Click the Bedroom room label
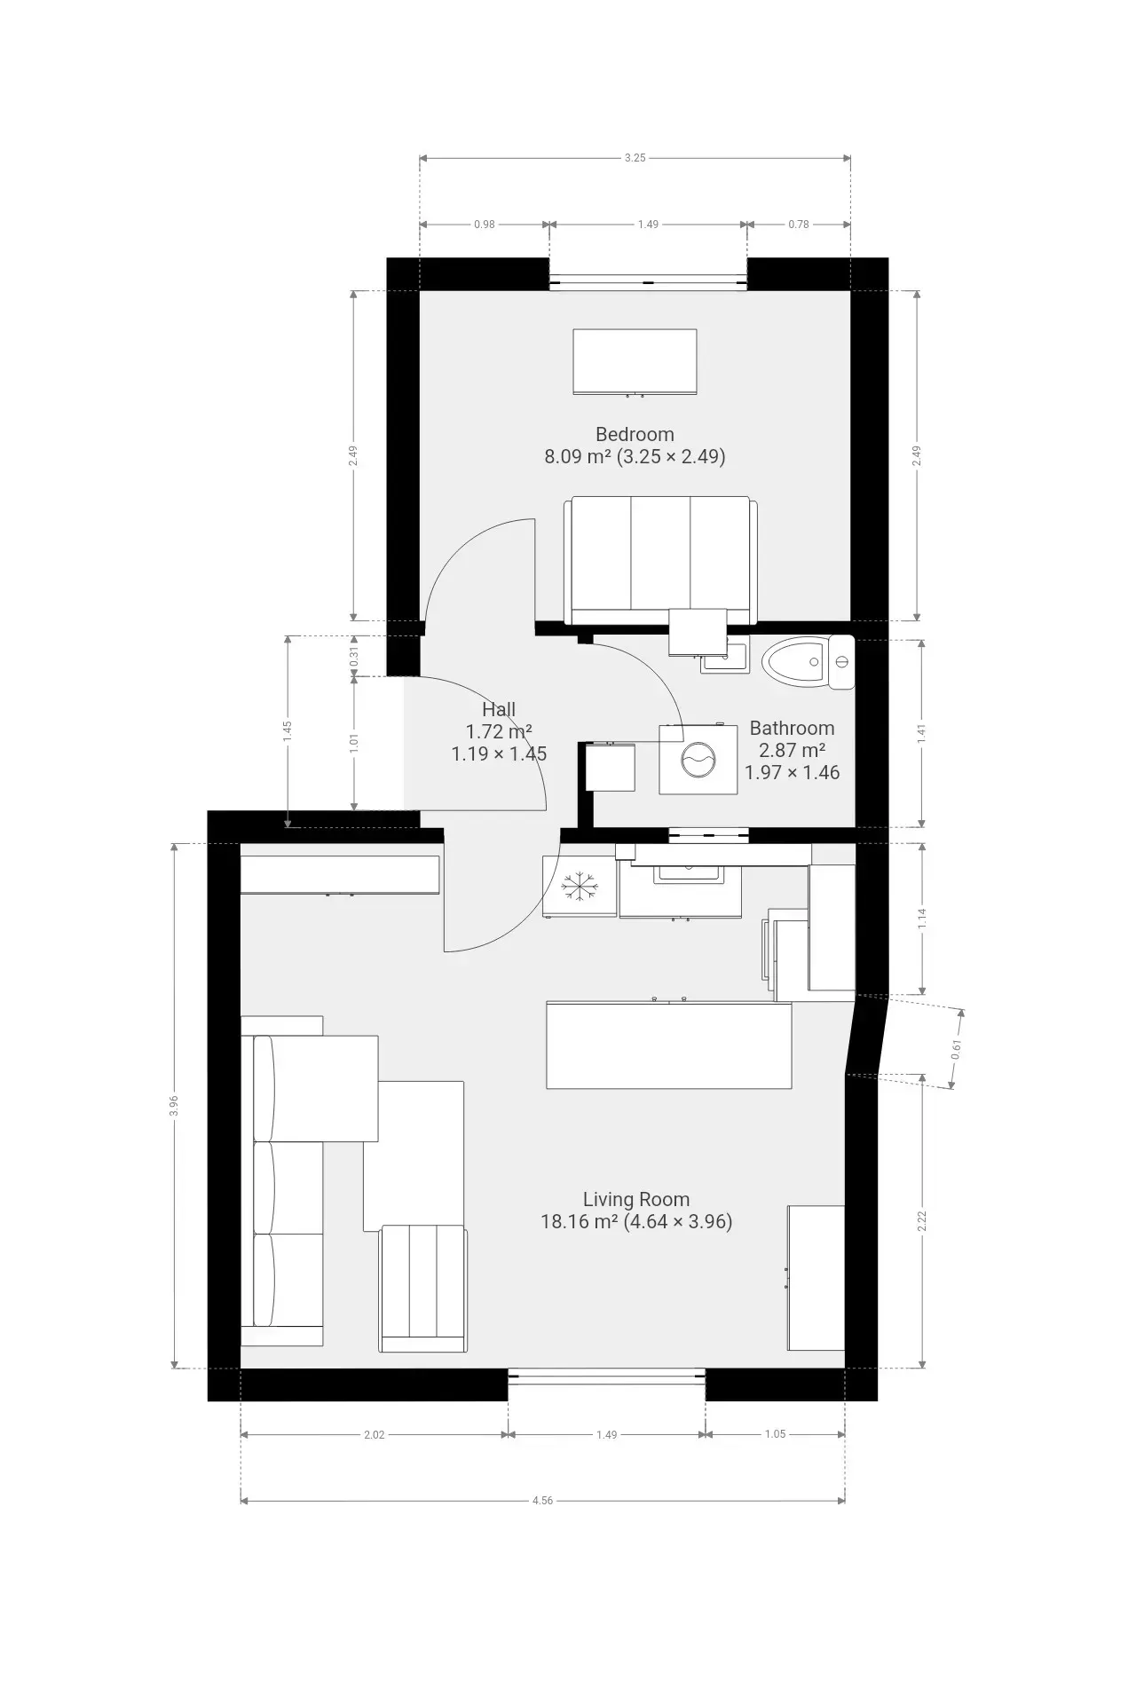click(635, 434)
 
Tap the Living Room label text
click(636, 1199)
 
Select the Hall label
click(499, 709)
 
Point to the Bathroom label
click(792, 728)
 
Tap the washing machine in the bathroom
click(698, 760)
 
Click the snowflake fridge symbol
click(578, 886)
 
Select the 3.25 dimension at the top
click(635, 158)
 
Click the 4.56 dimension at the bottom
click(542, 1501)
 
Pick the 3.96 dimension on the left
click(174, 1105)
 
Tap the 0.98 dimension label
click(484, 225)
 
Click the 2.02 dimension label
click(374, 1434)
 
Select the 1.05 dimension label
click(775, 1434)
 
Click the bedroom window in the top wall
click(648, 282)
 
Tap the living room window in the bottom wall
click(607, 1376)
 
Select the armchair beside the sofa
click(423, 1288)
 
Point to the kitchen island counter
click(668, 1045)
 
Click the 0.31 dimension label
click(354, 657)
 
